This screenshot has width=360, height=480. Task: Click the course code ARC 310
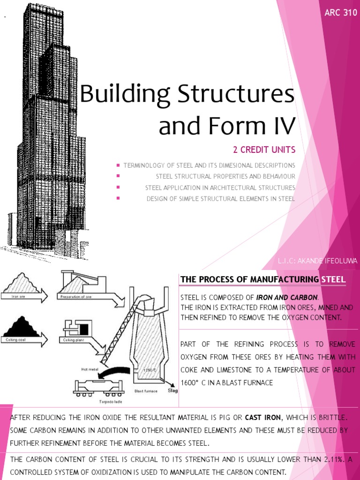tap(341, 13)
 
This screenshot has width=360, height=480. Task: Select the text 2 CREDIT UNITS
tap(264, 150)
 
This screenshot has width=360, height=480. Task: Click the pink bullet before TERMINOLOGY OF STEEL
tap(118, 165)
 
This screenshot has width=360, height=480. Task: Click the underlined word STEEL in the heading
tap(333, 280)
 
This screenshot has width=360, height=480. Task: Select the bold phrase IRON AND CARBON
tap(287, 298)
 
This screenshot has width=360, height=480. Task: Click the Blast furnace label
tap(146, 390)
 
